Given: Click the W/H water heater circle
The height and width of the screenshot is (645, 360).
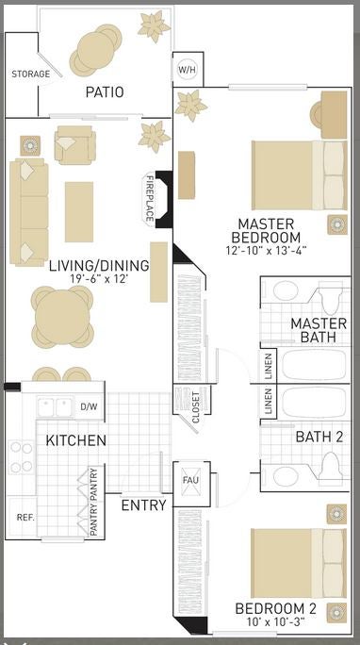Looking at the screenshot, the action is [187, 70].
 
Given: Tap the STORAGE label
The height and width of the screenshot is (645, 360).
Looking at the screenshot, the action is [31, 74].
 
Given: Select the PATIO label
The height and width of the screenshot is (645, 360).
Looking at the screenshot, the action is [105, 92].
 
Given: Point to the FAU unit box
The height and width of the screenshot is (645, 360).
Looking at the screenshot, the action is [191, 484].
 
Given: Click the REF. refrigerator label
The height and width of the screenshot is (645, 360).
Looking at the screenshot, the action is [25, 518].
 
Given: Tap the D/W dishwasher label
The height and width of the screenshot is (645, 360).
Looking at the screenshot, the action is [89, 406].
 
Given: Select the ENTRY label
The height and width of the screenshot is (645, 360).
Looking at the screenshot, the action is [144, 505].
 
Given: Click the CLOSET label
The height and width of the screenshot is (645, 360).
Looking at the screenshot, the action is [196, 407].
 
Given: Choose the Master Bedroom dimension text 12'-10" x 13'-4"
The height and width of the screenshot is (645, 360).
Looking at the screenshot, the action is [266, 251].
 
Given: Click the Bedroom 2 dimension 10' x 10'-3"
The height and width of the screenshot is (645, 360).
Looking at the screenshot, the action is [276, 621].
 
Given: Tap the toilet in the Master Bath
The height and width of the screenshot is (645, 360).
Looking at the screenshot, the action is [332, 299].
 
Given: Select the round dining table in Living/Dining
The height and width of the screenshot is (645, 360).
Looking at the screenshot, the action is [62, 317].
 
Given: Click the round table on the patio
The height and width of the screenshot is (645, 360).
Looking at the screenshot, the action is [96, 51].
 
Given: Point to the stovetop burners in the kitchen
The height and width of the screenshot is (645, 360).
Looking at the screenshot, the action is [22, 457].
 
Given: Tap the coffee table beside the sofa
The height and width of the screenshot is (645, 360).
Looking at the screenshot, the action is [79, 212].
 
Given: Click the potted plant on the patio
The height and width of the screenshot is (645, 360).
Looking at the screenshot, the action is [154, 26].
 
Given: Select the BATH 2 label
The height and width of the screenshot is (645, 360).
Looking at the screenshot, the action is [319, 438].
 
